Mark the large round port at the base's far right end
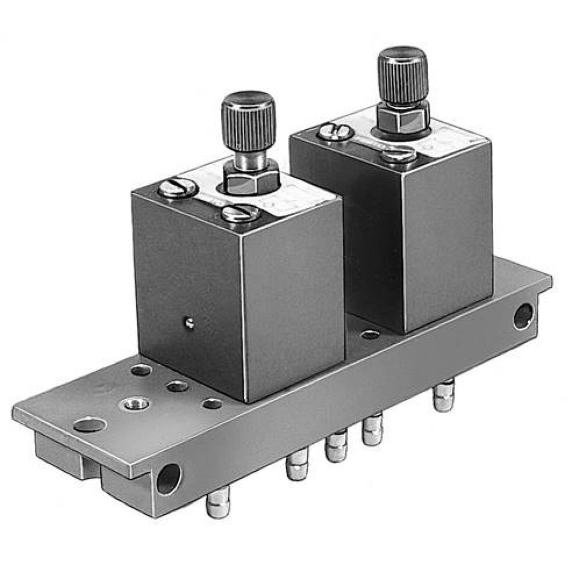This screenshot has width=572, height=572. (x=523, y=316)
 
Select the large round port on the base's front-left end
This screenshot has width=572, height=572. (x=169, y=478)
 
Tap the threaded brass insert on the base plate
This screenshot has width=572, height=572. (x=136, y=404)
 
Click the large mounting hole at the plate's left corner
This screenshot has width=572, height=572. (x=90, y=425)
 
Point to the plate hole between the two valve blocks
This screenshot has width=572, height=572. (x=371, y=334)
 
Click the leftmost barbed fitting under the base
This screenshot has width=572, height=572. (x=218, y=502)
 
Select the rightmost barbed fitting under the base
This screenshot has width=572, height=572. (x=444, y=396)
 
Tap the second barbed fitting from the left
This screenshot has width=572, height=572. (x=297, y=464)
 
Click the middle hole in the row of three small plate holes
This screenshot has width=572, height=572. (x=177, y=386)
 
